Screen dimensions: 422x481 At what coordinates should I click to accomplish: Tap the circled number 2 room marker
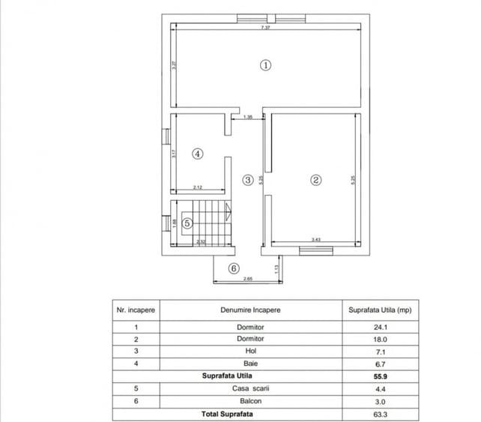click(x=316, y=180)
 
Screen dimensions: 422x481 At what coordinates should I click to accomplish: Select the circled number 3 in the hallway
click(x=248, y=180)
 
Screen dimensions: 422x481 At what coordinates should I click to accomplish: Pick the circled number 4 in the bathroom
click(x=197, y=154)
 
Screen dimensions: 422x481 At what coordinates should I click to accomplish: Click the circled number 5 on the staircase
click(x=187, y=223)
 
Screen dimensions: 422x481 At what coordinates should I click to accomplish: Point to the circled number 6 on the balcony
click(x=233, y=268)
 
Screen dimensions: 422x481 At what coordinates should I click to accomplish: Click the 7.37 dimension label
click(x=265, y=28)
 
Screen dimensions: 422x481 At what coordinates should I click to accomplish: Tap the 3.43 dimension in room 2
click(x=317, y=240)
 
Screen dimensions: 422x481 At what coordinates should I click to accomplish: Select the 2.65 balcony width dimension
click(x=247, y=279)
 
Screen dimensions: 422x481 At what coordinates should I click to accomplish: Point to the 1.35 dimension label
click(x=248, y=117)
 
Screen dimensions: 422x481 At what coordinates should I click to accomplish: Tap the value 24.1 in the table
click(x=380, y=327)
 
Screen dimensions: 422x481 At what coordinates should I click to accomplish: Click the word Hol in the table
click(x=250, y=350)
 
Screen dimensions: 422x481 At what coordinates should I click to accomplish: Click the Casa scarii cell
click(x=250, y=388)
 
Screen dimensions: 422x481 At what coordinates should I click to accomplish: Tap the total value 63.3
click(x=380, y=414)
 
